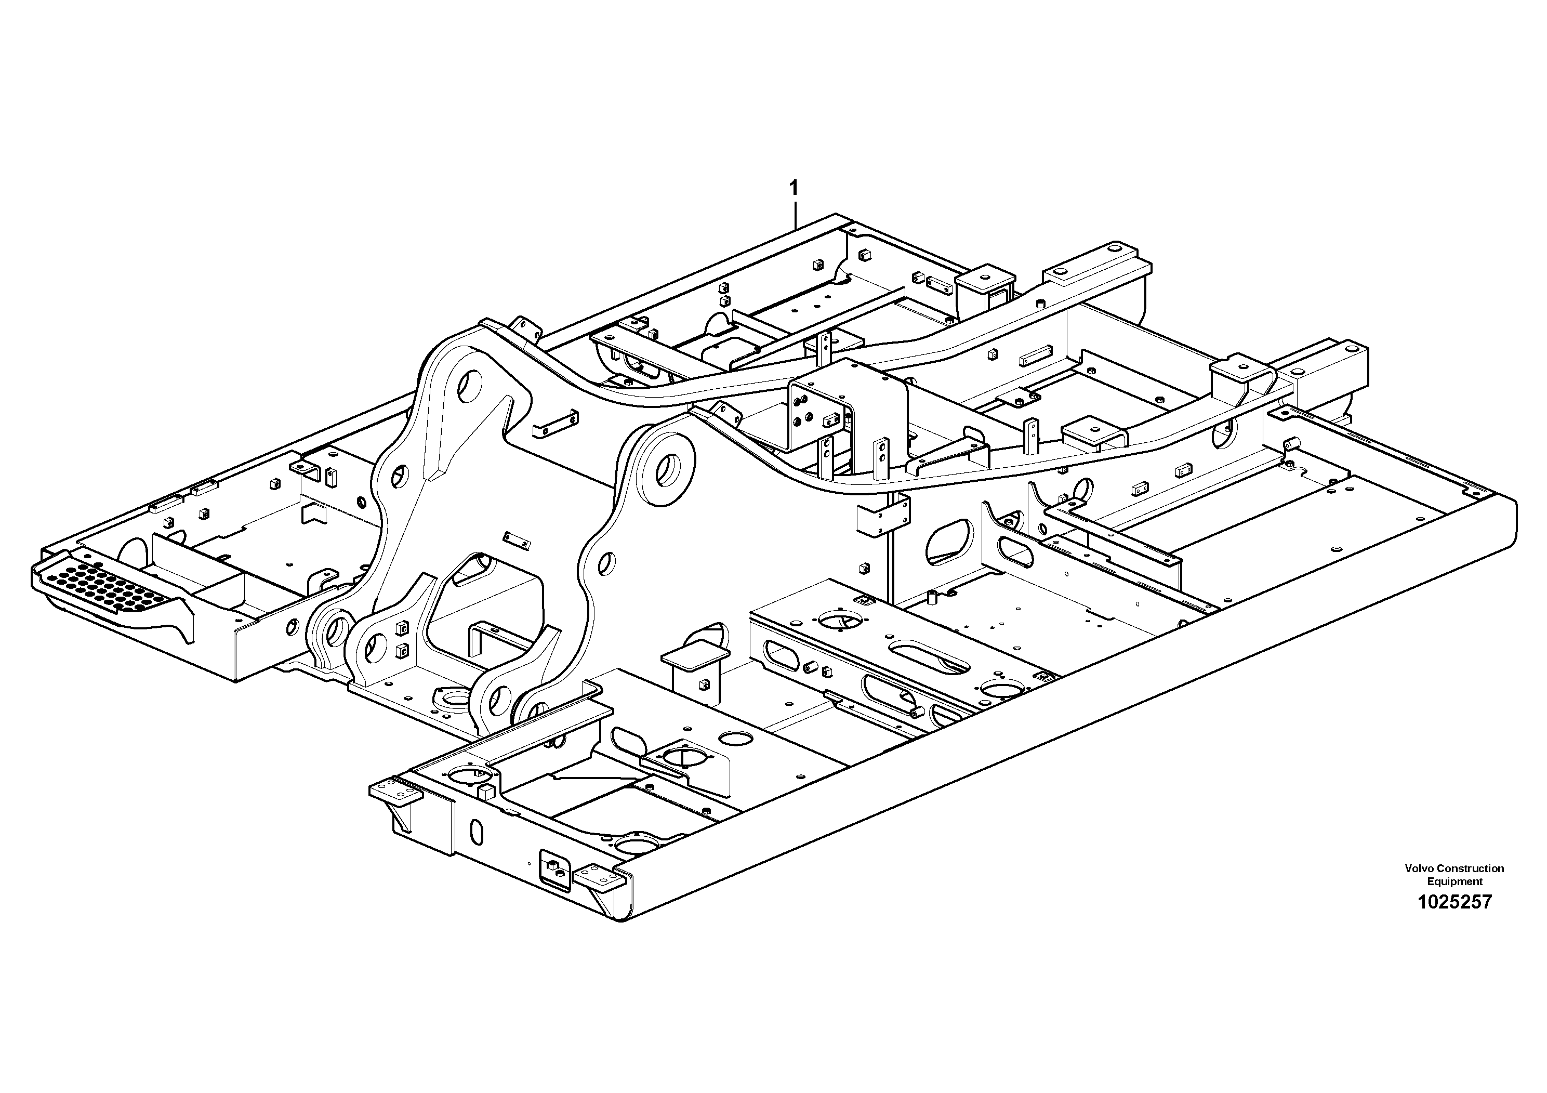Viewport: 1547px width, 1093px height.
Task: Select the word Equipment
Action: (x=1455, y=881)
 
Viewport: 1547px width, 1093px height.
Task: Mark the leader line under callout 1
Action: (x=795, y=214)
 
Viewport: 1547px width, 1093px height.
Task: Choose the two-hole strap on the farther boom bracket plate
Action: (x=554, y=424)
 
